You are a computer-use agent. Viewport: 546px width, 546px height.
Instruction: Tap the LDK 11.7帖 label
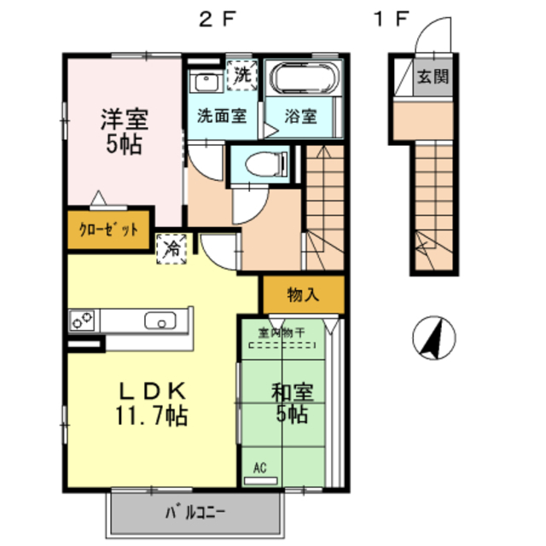[152, 403]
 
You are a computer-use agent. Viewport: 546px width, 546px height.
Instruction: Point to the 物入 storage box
[303, 295]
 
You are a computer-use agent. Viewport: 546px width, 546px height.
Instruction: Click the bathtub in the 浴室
[304, 81]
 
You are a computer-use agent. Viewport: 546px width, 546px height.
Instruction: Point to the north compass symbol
[433, 339]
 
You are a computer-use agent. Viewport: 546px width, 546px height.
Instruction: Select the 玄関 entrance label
[432, 78]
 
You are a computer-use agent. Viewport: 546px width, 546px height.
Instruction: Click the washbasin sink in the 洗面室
[205, 83]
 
